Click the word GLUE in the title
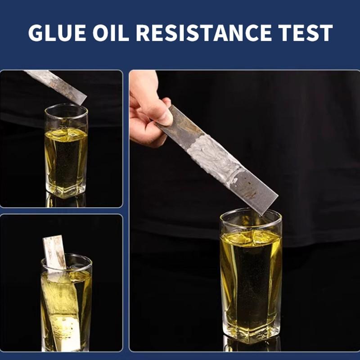[x=57, y=32]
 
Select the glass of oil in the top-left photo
[x=66, y=153]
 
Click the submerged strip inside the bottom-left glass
[x=61, y=306]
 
